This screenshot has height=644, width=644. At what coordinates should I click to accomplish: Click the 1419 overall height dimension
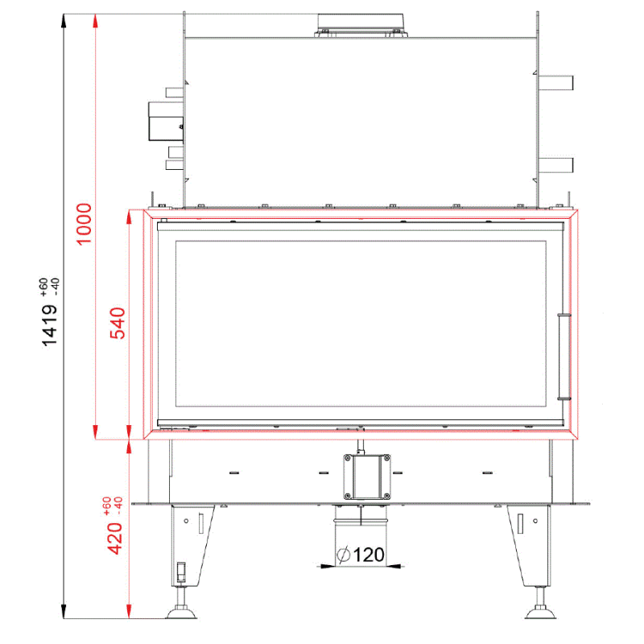[50, 326]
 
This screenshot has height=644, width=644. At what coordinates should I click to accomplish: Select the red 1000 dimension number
[85, 225]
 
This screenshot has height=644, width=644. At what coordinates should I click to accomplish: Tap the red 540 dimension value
[118, 324]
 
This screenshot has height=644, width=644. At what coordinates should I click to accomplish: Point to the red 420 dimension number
[115, 539]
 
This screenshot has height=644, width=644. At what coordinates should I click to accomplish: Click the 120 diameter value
[369, 555]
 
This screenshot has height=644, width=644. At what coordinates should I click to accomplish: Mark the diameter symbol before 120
[344, 555]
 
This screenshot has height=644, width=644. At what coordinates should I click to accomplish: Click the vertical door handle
[564, 357]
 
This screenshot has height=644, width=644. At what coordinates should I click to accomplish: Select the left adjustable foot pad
[181, 613]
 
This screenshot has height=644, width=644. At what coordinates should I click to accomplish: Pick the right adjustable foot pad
[540, 613]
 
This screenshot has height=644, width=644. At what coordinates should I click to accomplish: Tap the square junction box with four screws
[367, 477]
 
